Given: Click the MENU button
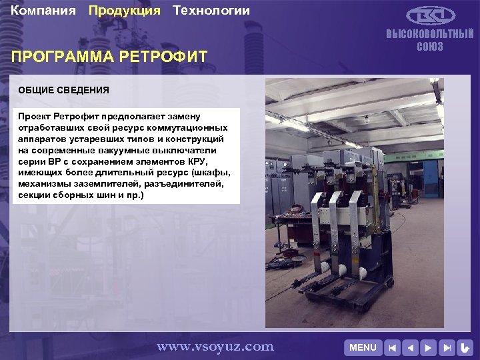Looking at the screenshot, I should (363, 347).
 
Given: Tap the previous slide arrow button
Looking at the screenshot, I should (411, 347).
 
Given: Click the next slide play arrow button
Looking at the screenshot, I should (429, 347).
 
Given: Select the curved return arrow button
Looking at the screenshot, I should (465, 347).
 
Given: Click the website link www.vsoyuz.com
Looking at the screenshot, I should (215, 346).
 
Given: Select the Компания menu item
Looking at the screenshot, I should (43, 11).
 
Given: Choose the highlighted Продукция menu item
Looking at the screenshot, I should (125, 11).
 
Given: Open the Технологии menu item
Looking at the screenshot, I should (211, 11).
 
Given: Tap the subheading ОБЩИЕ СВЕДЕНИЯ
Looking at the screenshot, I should (63, 90).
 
